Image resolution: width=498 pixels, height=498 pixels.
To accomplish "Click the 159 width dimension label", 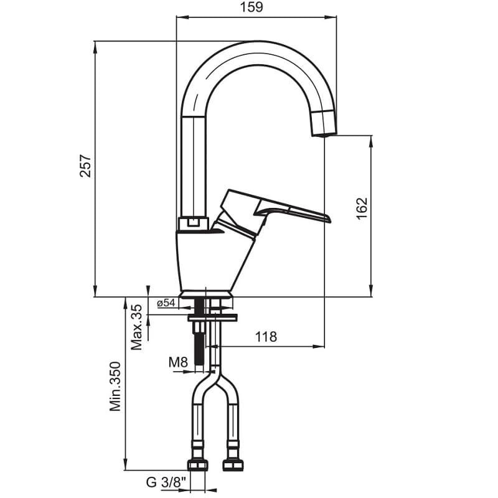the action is click(251, 7).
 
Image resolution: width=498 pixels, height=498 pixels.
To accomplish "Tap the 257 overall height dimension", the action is click(85, 166).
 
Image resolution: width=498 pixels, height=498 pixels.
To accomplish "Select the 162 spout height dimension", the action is click(362, 209).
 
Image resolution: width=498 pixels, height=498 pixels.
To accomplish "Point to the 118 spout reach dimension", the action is click(266, 337).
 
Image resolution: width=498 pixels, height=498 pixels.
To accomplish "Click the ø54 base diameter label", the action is click(166, 303).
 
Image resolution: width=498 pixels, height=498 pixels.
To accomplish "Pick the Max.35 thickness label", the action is click(137, 327).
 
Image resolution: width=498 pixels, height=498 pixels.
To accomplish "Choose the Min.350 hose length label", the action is click(115, 386).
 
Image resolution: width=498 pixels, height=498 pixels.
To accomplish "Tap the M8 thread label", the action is click(178, 362).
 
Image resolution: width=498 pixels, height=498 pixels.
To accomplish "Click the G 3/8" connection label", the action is click(166, 483).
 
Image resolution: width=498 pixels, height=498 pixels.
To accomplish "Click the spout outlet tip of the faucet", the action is click(324, 134).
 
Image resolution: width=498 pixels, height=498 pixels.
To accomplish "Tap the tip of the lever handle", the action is click(329, 220).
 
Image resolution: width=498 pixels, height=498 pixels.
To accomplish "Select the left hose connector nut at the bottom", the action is click(197, 465).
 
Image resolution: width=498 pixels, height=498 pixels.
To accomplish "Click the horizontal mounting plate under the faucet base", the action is click(212, 317).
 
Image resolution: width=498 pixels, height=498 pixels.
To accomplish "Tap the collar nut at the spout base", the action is click(193, 223).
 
